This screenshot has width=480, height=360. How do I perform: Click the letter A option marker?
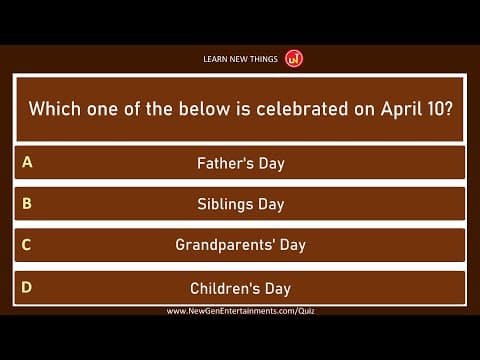(x=27, y=161)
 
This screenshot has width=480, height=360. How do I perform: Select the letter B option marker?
(x=27, y=203)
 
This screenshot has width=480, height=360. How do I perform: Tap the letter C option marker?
(x=27, y=244)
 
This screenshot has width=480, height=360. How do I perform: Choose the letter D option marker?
(x=27, y=287)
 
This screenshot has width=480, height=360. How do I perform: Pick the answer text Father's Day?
(x=240, y=162)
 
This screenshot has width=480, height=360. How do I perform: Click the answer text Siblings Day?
(x=240, y=204)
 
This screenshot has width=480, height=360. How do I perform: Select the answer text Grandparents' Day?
(x=240, y=245)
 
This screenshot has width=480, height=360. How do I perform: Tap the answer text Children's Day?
(x=240, y=288)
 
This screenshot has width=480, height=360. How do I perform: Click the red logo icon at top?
(x=294, y=58)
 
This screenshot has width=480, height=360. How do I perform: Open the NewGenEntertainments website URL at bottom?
(x=240, y=311)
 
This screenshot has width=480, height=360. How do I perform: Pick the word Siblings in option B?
(x=224, y=204)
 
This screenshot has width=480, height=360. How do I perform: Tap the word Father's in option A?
(x=224, y=162)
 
